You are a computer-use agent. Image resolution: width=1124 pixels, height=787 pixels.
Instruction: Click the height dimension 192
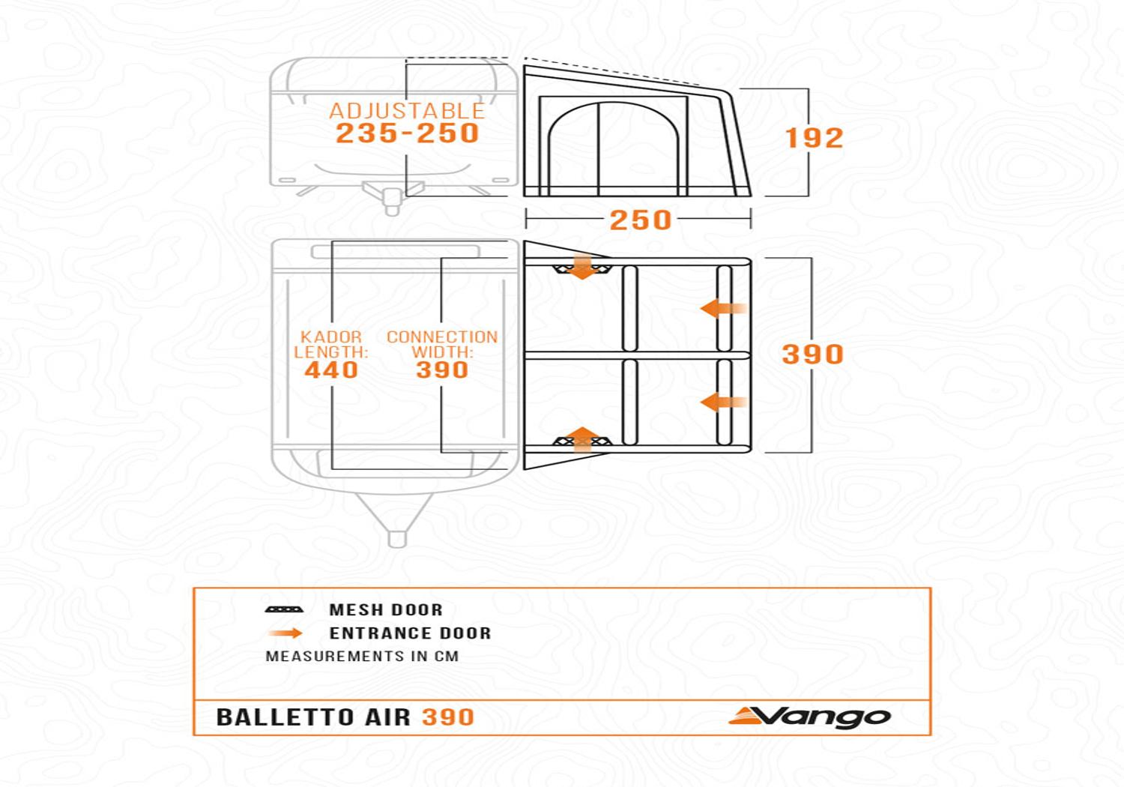click(814, 138)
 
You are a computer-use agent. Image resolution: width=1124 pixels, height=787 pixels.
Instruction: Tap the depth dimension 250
click(640, 220)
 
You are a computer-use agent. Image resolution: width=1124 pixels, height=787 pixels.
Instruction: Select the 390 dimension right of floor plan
click(813, 354)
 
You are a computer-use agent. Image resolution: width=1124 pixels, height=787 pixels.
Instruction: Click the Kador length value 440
click(331, 370)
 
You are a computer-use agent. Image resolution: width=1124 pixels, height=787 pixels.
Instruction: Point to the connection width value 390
click(442, 370)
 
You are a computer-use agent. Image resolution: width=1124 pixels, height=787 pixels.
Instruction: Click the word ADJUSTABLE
click(407, 111)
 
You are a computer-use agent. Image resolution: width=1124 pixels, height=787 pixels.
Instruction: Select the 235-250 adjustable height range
click(407, 133)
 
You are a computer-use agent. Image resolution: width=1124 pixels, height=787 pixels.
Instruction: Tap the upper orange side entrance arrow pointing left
click(722, 308)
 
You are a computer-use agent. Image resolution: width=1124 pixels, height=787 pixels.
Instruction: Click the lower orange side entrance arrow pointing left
click(722, 402)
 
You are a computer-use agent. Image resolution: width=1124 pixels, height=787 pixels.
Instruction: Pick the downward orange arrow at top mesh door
click(582, 267)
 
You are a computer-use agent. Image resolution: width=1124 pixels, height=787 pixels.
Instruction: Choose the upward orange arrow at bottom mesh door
click(582, 438)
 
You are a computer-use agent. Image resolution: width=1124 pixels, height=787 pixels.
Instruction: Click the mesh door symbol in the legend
click(284, 609)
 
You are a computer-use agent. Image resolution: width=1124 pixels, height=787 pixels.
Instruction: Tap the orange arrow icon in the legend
click(285, 633)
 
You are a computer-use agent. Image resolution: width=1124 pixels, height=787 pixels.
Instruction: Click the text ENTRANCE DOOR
click(410, 633)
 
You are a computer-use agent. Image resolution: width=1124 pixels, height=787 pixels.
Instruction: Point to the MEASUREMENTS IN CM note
click(362, 657)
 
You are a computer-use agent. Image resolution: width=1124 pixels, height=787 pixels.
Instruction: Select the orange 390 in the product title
click(448, 717)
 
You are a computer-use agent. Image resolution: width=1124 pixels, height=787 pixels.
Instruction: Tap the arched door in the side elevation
click(613, 150)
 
